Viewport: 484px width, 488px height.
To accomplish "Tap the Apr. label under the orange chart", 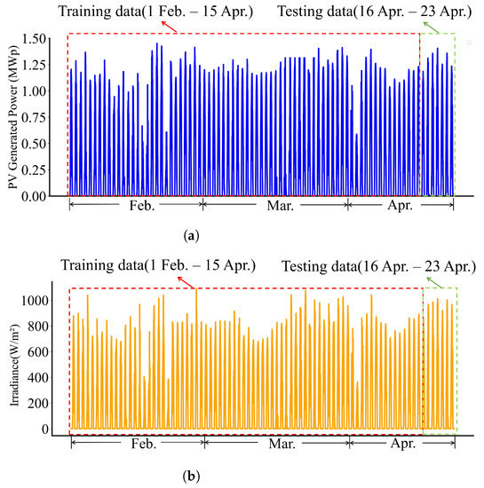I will click(x=384, y=441).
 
